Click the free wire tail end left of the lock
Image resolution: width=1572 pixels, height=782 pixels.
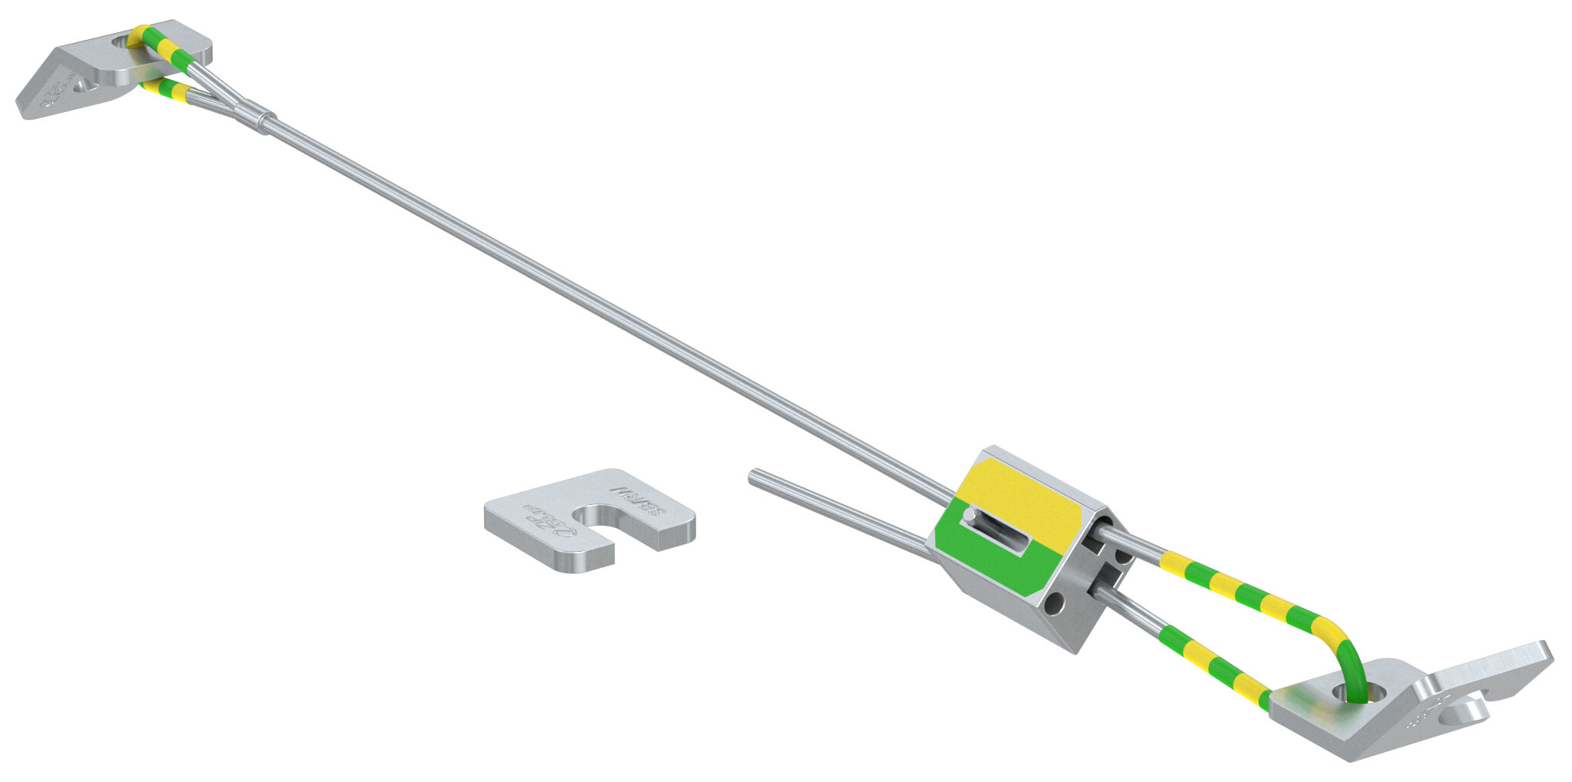(755, 477)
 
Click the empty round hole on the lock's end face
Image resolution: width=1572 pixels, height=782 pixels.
(1054, 604)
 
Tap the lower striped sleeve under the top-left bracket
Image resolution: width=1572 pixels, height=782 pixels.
(169, 90)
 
